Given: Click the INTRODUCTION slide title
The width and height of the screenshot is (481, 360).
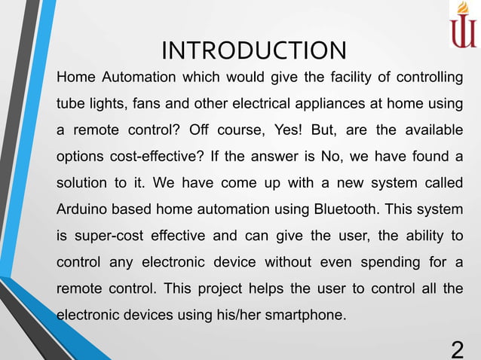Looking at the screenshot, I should click(254, 50).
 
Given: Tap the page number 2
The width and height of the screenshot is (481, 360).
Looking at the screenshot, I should click(457, 349).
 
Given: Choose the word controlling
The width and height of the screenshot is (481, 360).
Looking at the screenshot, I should click(427, 77).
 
